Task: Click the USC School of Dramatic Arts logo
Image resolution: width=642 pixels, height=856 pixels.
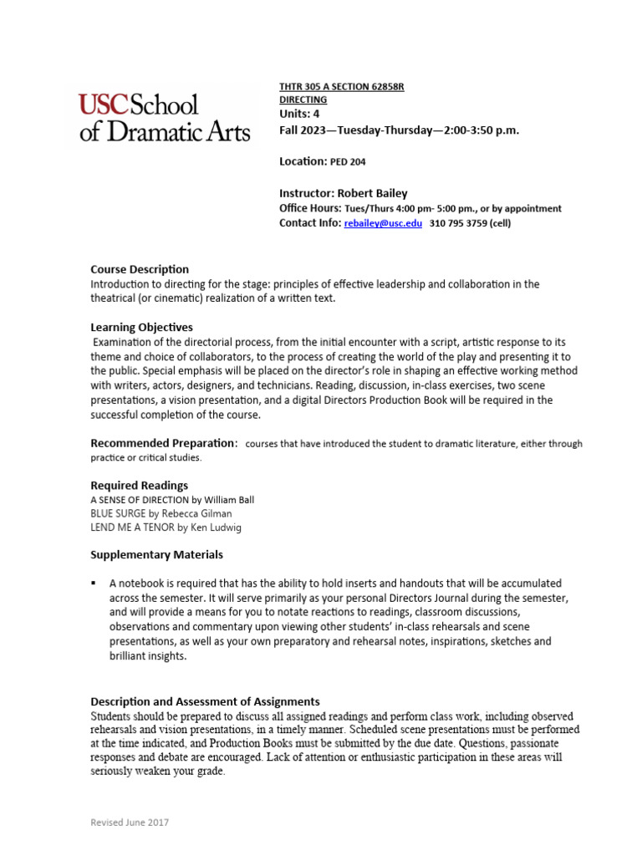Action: [x=164, y=118]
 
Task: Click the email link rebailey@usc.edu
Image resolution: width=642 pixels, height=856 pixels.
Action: [x=383, y=223]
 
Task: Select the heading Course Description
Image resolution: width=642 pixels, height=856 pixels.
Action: [x=140, y=269]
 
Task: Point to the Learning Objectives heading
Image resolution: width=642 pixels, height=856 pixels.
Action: [x=141, y=327]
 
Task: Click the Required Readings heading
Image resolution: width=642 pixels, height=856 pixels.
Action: [x=139, y=485]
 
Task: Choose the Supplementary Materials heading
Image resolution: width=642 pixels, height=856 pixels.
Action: [x=156, y=554]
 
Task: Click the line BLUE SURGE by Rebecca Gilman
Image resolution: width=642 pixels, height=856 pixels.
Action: [x=161, y=513]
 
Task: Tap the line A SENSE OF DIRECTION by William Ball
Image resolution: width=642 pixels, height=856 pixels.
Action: [x=172, y=500]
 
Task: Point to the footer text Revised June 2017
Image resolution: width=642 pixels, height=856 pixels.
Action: [x=129, y=823]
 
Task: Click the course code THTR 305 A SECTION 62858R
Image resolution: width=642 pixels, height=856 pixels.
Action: [x=341, y=87]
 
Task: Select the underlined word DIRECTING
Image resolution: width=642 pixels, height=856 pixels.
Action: [x=303, y=99]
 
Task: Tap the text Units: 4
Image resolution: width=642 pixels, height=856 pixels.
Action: [x=298, y=114]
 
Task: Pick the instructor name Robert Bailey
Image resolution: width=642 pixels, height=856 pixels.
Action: [x=373, y=193]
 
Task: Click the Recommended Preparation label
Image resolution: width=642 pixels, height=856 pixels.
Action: [x=163, y=442]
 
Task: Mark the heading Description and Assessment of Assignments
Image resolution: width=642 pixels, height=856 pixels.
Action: [x=205, y=701]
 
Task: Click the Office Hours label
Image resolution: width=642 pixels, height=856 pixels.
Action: [x=309, y=208]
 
